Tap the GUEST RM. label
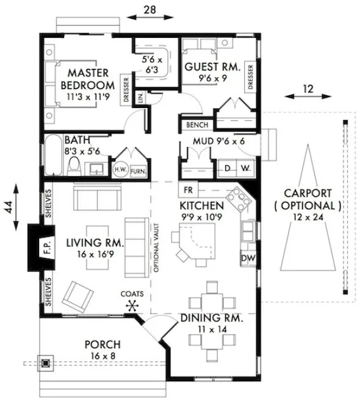tap(212, 66)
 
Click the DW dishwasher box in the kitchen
tap(248, 258)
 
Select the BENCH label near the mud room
tap(195, 125)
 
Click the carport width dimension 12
tap(309, 89)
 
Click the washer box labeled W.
tap(245, 167)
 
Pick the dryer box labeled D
tap(228, 167)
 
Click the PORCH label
tap(102, 345)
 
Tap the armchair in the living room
tap(81, 296)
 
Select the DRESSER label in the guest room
tap(250, 76)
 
